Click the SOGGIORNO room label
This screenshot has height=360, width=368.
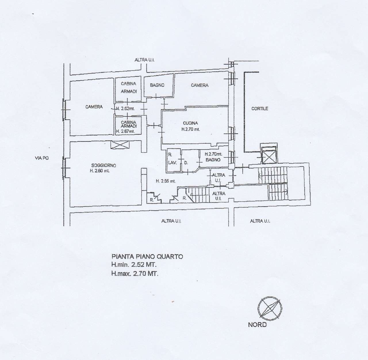pyautogui.click(x=103, y=165)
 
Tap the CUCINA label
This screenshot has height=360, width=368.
pyautogui.click(x=191, y=123)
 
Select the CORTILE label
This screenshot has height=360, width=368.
pyautogui.click(x=260, y=109)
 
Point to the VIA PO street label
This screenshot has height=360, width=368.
pyautogui.click(x=41, y=158)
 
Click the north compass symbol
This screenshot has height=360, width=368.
pyautogui.click(x=269, y=309)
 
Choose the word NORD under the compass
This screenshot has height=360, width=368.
pyautogui.click(x=257, y=325)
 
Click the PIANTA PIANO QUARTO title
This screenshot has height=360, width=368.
pyautogui.click(x=147, y=256)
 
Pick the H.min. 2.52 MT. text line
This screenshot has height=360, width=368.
pyautogui.click(x=134, y=265)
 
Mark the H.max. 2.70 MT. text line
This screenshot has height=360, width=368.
pyautogui.click(x=135, y=274)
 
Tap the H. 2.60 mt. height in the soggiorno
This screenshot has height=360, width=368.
pyautogui.click(x=99, y=171)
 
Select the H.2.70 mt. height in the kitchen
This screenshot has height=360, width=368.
pyautogui.click(x=190, y=129)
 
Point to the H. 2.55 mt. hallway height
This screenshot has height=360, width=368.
pyautogui.click(x=166, y=181)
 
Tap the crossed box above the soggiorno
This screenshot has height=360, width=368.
pyautogui.click(x=120, y=145)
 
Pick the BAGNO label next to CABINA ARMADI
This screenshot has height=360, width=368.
pyautogui.click(x=157, y=85)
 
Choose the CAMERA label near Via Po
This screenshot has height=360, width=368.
pyautogui.click(x=94, y=107)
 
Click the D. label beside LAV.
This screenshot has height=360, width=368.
pyautogui.click(x=186, y=163)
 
